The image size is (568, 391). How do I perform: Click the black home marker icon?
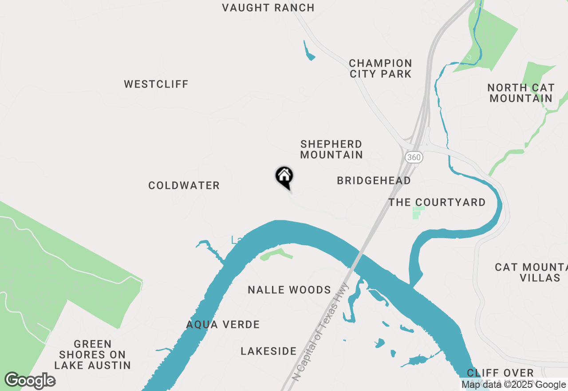pos(284,177)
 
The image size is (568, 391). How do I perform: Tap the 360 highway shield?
pos(414,157)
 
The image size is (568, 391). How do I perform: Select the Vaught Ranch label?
pos(268,8)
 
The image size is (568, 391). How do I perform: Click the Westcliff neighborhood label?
pos(156,84)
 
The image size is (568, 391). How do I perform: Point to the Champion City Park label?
pos(380,68)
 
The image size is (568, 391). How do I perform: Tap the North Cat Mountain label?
pos(521,93)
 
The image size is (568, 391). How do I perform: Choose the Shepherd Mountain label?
pos(331,149)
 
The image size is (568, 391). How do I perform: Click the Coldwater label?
pos(184,185)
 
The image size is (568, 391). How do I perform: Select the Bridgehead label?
pos(374,180)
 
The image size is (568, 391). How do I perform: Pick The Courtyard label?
pos(437,202)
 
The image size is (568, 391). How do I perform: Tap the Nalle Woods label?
pos(289,290)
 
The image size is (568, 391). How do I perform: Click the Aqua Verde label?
pos(223,324)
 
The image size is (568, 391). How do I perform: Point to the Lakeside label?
pos(268,351)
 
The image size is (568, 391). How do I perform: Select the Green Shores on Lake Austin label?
pos(92,355)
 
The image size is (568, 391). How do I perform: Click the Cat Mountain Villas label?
pos(530,272)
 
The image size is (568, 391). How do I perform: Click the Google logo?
pos(30,381)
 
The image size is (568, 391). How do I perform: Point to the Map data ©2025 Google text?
pos(513,385)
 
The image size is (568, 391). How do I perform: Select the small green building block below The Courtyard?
pos(418,212)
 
